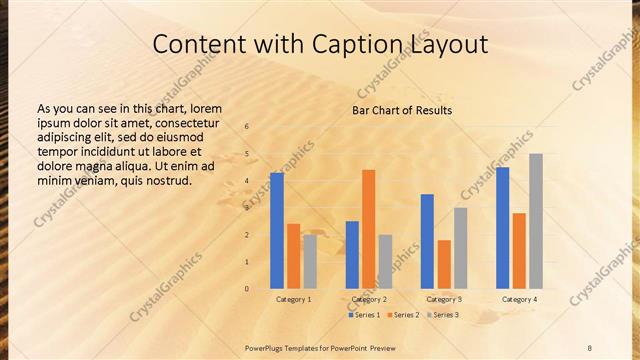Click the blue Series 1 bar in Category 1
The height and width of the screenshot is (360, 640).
pyautogui.click(x=277, y=231)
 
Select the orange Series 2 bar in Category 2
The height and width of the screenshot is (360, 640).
pyautogui.click(x=369, y=229)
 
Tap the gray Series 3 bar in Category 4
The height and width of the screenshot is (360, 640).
pyautogui.click(x=536, y=221)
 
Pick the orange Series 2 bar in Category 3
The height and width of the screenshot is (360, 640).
pyautogui.click(x=444, y=264)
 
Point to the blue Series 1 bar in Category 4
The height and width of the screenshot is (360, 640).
pyautogui.click(x=503, y=228)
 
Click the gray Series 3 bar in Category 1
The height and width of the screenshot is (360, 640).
pyautogui.click(x=310, y=262)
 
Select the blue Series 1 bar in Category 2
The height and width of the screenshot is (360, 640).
pyautogui.click(x=352, y=255)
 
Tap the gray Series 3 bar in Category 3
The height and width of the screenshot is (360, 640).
pyautogui.click(x=461, y=248)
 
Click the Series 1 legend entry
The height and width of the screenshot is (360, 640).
pyautogui.click(x=364, y=315)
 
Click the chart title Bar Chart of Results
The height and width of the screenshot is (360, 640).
pyautogui.click(x=402, y=110)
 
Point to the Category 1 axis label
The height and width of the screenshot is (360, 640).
pyautogui.click(x=294, y=299)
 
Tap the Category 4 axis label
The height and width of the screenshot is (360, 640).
pyautogui.click(x=519, y=299)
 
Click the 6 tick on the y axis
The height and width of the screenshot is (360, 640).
pyautogui.click(x=247, y=126)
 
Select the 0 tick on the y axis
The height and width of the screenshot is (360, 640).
pyautogui.click(x=247, y=289)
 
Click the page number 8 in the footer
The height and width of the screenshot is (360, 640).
pyautogui.click(x=589, y=347)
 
